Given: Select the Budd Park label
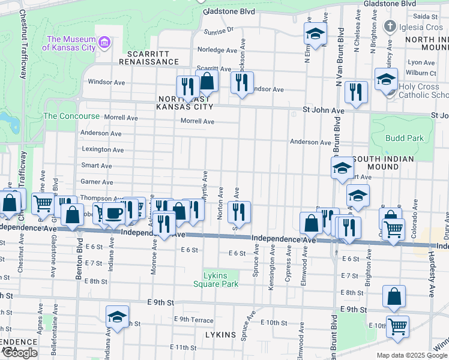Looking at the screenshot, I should (405, 138).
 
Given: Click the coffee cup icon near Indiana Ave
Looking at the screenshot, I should (112, 213).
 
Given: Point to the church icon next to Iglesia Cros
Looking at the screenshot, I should (390, 27).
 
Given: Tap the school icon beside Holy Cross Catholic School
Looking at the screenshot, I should (386, 79).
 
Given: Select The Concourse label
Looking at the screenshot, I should (71, 116).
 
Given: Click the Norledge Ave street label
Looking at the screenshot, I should (218, 50).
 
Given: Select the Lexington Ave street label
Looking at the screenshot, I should (103, 149).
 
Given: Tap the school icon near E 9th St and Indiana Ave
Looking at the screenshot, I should (117, 316).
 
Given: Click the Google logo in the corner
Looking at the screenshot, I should (20, 353).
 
